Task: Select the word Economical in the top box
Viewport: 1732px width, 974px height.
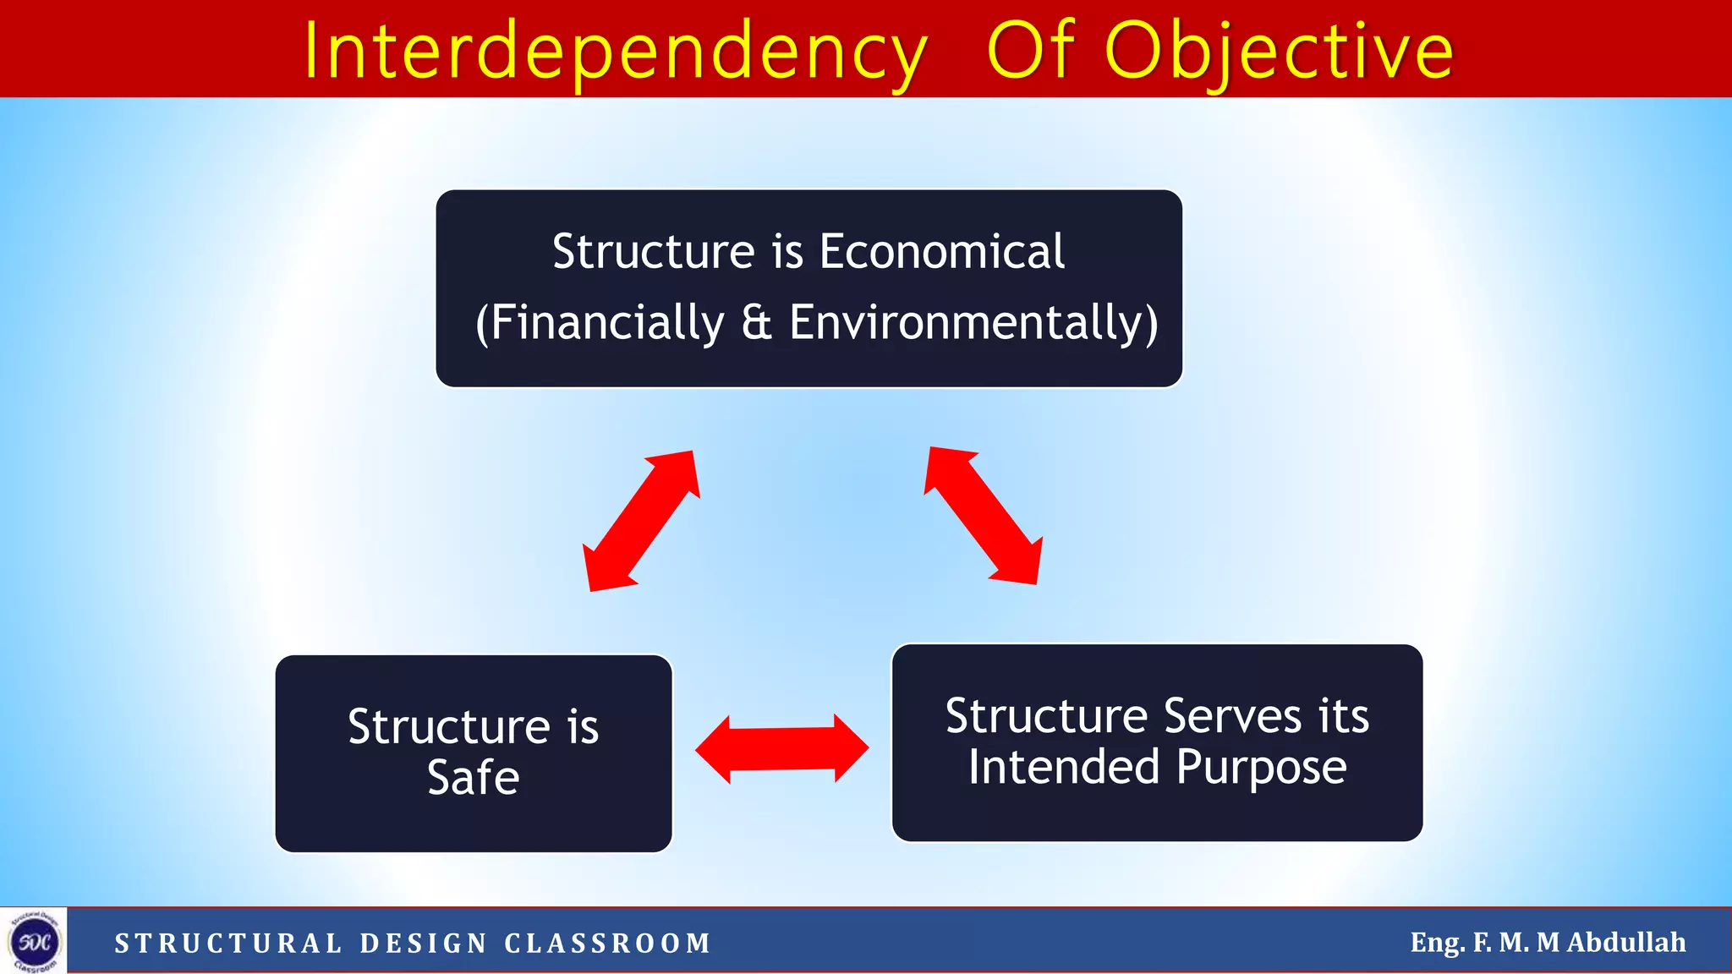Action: tap(941, 252)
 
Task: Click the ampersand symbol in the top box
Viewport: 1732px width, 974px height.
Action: tap(756, 323)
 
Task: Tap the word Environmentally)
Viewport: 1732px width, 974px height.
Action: tap(973, 323)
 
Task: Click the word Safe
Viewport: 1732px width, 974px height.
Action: tap(473, 777)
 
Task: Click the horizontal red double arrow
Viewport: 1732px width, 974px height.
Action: tap(781, 749)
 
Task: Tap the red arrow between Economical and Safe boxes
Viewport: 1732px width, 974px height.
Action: tap(642, 520)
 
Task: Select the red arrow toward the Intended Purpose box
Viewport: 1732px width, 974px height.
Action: tap(984, 515)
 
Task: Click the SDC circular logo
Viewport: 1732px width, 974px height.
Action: tap(34, 941)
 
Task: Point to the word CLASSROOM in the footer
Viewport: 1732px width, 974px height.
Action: tap(608, 943)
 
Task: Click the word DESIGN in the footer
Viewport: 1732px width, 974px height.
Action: tap(424, 943)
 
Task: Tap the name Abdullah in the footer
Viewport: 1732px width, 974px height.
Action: tap(1625, 942)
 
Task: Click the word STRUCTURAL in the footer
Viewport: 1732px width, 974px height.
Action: tap(228, 943)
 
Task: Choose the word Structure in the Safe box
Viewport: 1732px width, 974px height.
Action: tap(449, 726)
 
